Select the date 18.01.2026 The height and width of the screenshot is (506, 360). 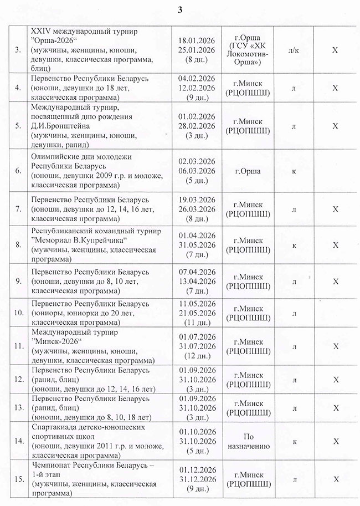pyautogui.click(x=198, y=40)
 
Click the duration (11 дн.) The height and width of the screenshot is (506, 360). pyautogui.click(x=198, y=321)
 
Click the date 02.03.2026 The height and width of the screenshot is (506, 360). pyautogui.click(x=198, y=162)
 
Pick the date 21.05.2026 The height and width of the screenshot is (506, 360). pyautogui.click(x=198, y=313)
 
